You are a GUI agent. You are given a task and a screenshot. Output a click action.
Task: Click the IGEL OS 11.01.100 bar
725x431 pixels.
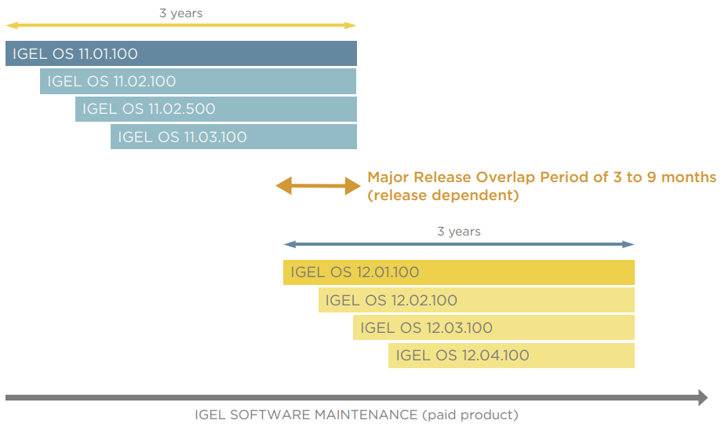(180, 54)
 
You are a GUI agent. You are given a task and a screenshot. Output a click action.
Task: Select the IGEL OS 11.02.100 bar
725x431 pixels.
(198, 82)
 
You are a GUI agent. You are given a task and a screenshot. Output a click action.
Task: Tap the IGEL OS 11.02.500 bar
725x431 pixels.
(216, 109)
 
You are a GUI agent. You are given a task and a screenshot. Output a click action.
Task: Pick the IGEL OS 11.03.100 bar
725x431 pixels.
(233, 137)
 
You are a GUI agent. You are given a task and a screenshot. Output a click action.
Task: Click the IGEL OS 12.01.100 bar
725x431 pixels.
(458, 272)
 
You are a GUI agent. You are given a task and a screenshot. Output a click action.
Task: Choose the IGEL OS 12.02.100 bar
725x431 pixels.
(476, 300)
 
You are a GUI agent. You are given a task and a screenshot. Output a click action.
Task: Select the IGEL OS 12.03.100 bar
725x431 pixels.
(494, 327)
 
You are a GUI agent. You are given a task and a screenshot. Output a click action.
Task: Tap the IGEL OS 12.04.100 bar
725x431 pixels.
(511, 355)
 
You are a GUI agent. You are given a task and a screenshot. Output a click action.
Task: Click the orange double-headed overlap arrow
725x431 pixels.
(317, 186)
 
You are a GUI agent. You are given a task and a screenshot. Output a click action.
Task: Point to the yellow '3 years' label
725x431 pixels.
(180, 13)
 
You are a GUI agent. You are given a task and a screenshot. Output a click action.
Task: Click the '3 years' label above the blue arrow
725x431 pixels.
(458, 232)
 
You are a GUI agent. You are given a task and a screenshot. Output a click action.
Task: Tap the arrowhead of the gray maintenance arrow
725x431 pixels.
(702, 397)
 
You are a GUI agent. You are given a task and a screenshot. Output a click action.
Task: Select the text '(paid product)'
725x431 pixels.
(470, 415)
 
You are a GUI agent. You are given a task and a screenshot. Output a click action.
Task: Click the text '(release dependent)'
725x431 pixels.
(443, 195)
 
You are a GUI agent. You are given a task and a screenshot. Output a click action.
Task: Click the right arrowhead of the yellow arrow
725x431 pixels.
(352, 25)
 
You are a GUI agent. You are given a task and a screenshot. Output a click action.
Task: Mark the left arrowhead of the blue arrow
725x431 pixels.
(288, 244)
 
